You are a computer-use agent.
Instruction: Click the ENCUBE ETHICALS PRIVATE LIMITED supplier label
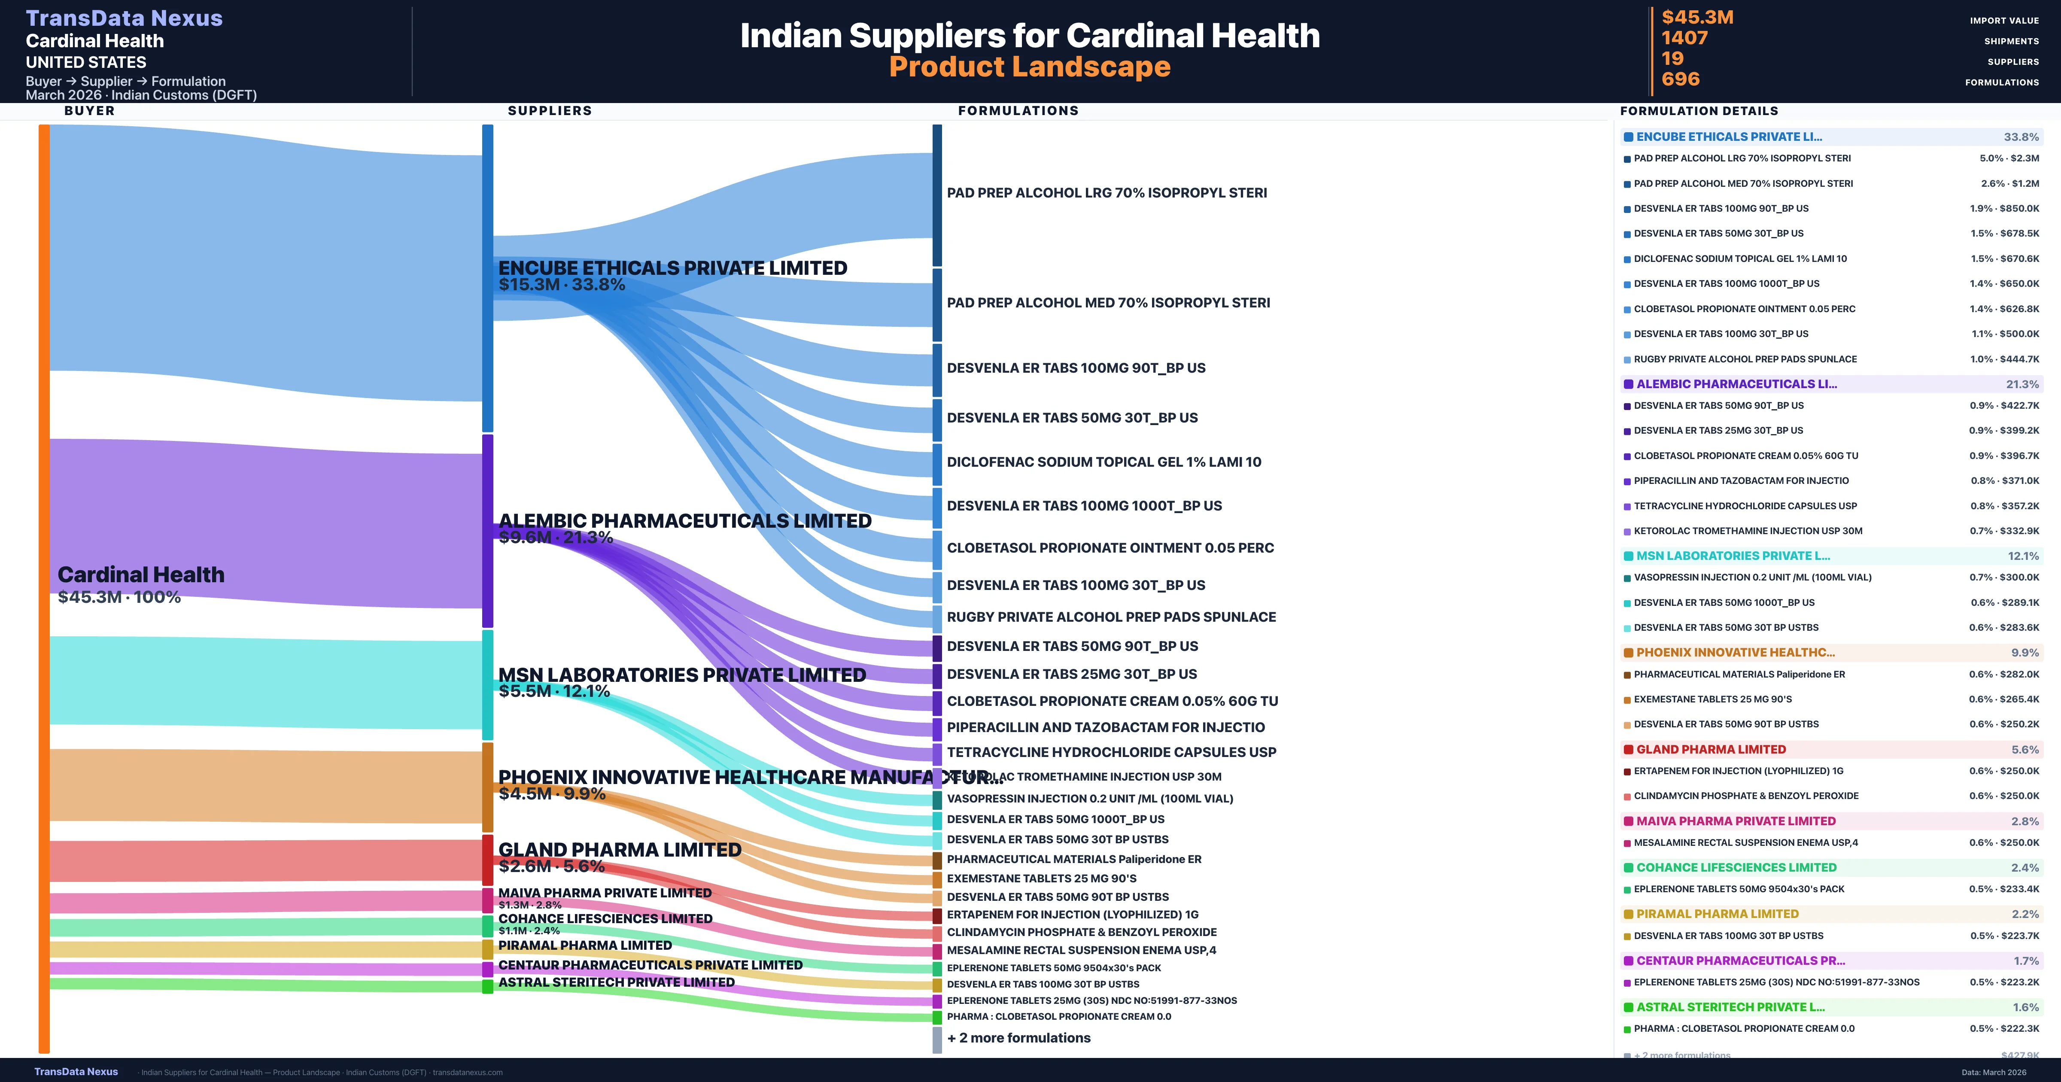(x=672, y=268)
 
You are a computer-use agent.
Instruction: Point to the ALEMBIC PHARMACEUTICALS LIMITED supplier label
(x=684, y=521)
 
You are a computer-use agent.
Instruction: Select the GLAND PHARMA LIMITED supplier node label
(x=619, y=850)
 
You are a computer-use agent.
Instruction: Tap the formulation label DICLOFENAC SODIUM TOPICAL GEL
(x=1103, y=462)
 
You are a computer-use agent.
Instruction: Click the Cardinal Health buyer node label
(x=141, y=574)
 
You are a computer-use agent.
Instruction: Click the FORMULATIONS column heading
(x=1018, y=110)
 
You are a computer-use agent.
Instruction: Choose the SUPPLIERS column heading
(x=550, y=110)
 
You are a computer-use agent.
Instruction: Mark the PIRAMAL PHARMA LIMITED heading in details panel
(x=1717, y=914)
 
